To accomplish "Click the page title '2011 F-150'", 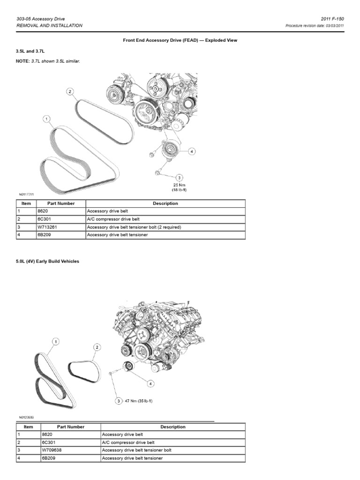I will [334, 18].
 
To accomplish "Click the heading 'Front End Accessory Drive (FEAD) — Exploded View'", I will [180, 40].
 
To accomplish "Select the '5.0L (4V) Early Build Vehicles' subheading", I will [47, 262].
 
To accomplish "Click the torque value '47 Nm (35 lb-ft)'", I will [139, 401].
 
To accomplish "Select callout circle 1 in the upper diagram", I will [47, 120].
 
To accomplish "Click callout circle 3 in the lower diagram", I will [119, 401].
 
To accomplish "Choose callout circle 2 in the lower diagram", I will [97, 347].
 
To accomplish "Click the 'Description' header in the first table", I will [165, 203].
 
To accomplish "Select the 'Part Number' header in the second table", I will [71, 427].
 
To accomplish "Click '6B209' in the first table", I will [47, 234].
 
